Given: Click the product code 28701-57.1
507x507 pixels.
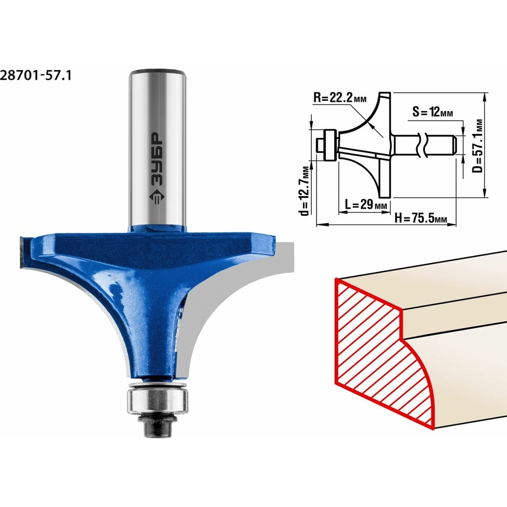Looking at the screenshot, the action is [35, 76].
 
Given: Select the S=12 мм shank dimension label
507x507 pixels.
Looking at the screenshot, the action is [432, 112].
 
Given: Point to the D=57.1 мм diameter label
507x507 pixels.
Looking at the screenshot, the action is [478, 146].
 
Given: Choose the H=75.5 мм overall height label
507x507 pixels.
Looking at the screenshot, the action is [421, 218].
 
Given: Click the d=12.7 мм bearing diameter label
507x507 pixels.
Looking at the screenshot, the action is [304, 191].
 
